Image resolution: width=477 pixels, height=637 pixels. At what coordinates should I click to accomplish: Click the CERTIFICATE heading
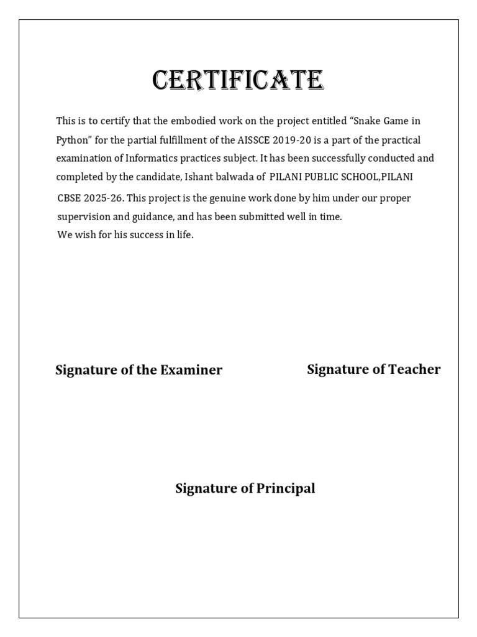click(x=238, y=81)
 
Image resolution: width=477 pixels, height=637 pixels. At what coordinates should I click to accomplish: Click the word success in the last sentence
click(x=132, y=236)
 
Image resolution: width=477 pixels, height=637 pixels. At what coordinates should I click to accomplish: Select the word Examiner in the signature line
click(x=191, y=370)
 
